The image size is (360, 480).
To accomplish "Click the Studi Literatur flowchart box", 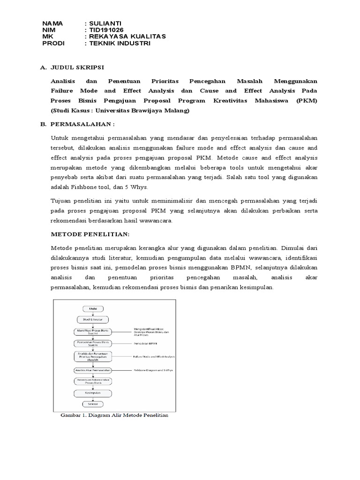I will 92,319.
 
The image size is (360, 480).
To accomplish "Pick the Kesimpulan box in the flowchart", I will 92,392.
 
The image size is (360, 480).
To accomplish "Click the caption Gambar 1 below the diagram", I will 114,415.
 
